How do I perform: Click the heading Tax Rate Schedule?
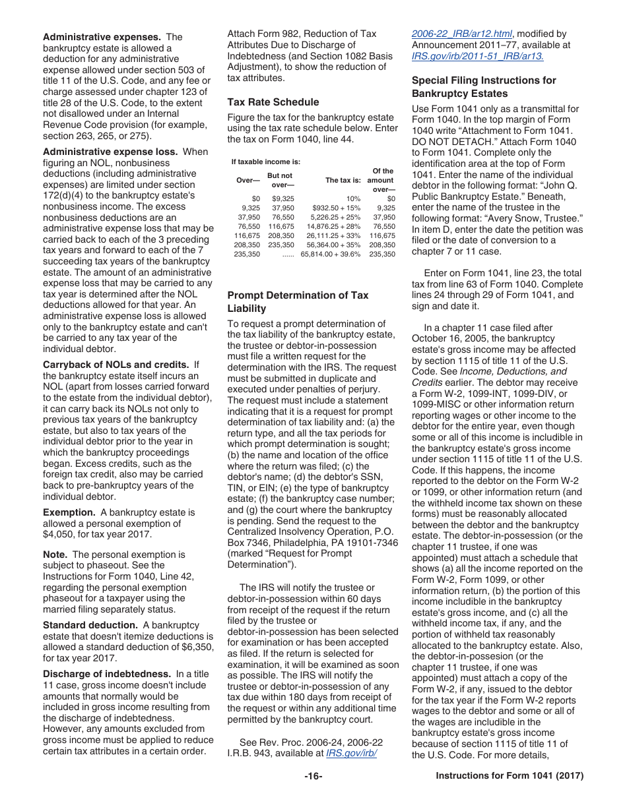pos(273,102)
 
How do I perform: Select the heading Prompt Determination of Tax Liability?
pos(298,302)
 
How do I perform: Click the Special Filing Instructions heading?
pos(484,87)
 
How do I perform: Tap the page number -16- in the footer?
pos(313,776)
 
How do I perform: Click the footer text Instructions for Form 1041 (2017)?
pos(510,776)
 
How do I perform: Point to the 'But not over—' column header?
pos(279,180)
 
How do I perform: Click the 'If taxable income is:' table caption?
pos(265,162)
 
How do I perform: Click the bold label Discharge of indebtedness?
pos(106,674)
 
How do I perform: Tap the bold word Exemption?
pos(69,512)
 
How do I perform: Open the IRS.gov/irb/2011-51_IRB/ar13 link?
pos(478,56)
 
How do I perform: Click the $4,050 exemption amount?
pos(59,534)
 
